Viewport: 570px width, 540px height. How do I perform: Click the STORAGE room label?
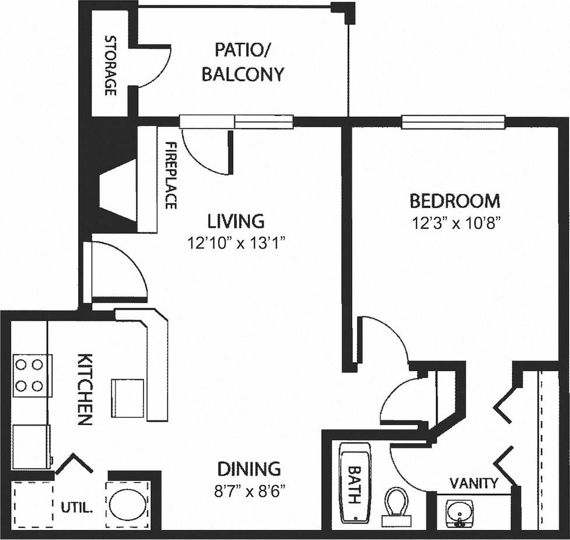109,65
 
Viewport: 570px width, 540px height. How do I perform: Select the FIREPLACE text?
170,175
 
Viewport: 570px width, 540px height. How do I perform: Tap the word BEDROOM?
455,201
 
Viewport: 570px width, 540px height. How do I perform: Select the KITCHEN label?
85,388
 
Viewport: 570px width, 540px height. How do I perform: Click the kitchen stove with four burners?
30,375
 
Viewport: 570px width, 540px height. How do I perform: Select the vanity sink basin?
460,513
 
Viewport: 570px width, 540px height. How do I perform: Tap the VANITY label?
474,483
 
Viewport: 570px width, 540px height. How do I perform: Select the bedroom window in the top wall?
453,121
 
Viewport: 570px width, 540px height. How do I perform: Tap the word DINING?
249,468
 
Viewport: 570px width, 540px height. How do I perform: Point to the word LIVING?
236,221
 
